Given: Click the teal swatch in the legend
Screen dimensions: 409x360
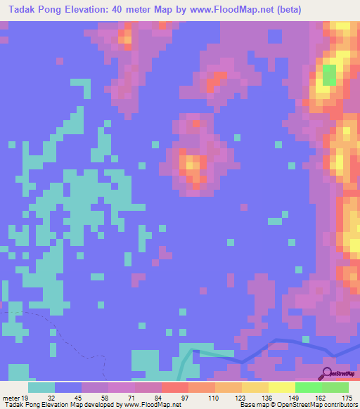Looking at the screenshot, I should click(x=41, y=387).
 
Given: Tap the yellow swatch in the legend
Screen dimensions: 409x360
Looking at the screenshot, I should click(x=281, y=387).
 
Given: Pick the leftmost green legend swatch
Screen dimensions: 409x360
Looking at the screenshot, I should click(x=308, y=387).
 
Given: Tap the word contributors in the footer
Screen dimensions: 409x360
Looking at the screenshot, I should click(x=339, y=405).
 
